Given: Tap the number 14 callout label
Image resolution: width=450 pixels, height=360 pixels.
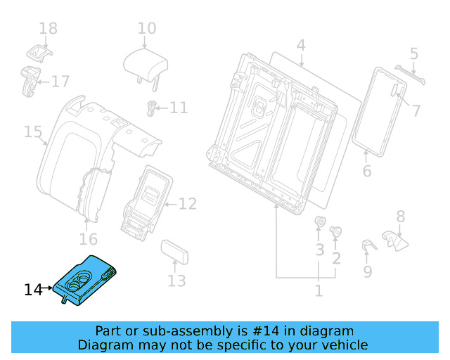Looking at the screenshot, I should click(x=33, y=289).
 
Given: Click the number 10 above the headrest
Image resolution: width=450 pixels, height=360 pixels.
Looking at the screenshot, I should click(x=147, y=29).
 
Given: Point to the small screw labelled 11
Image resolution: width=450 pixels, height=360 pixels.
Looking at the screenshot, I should click(x=150, y=108).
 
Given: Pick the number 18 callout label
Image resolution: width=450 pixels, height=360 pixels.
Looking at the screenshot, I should click(x=48, y=29).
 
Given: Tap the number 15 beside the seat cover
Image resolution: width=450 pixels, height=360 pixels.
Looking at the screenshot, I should click(x=33, y=131).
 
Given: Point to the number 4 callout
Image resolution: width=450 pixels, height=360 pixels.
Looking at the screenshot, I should click(x=301, y=46).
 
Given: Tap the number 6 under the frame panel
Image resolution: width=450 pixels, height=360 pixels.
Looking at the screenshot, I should click(x=366, y=172).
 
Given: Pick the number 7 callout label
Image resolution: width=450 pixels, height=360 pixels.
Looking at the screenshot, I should click(x=416, y=110).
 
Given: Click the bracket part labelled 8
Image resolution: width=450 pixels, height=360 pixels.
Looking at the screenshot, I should click(x=394, y=240).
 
